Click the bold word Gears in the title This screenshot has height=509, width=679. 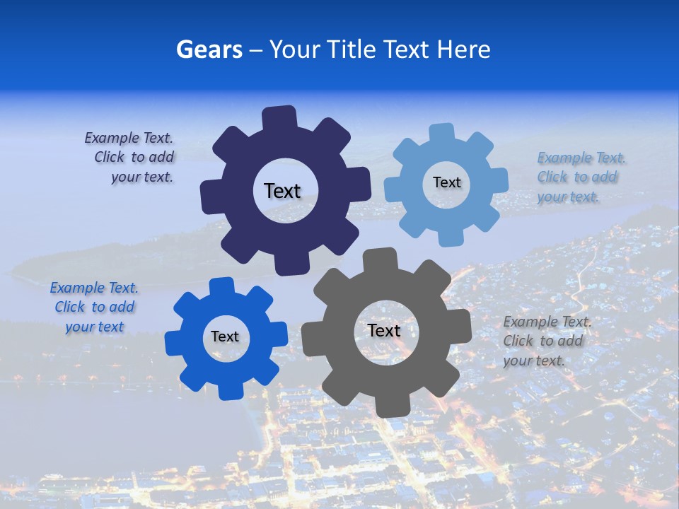click(x=208, y=49)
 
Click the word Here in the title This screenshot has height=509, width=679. click(x=464, y=49)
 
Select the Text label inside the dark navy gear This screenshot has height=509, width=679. click(x=282, y=191)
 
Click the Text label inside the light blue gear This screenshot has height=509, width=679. click(x=446, y=182)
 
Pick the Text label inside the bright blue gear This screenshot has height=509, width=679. click(x=225, y=337)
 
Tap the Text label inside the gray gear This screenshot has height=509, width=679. click(x=384, y=330)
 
